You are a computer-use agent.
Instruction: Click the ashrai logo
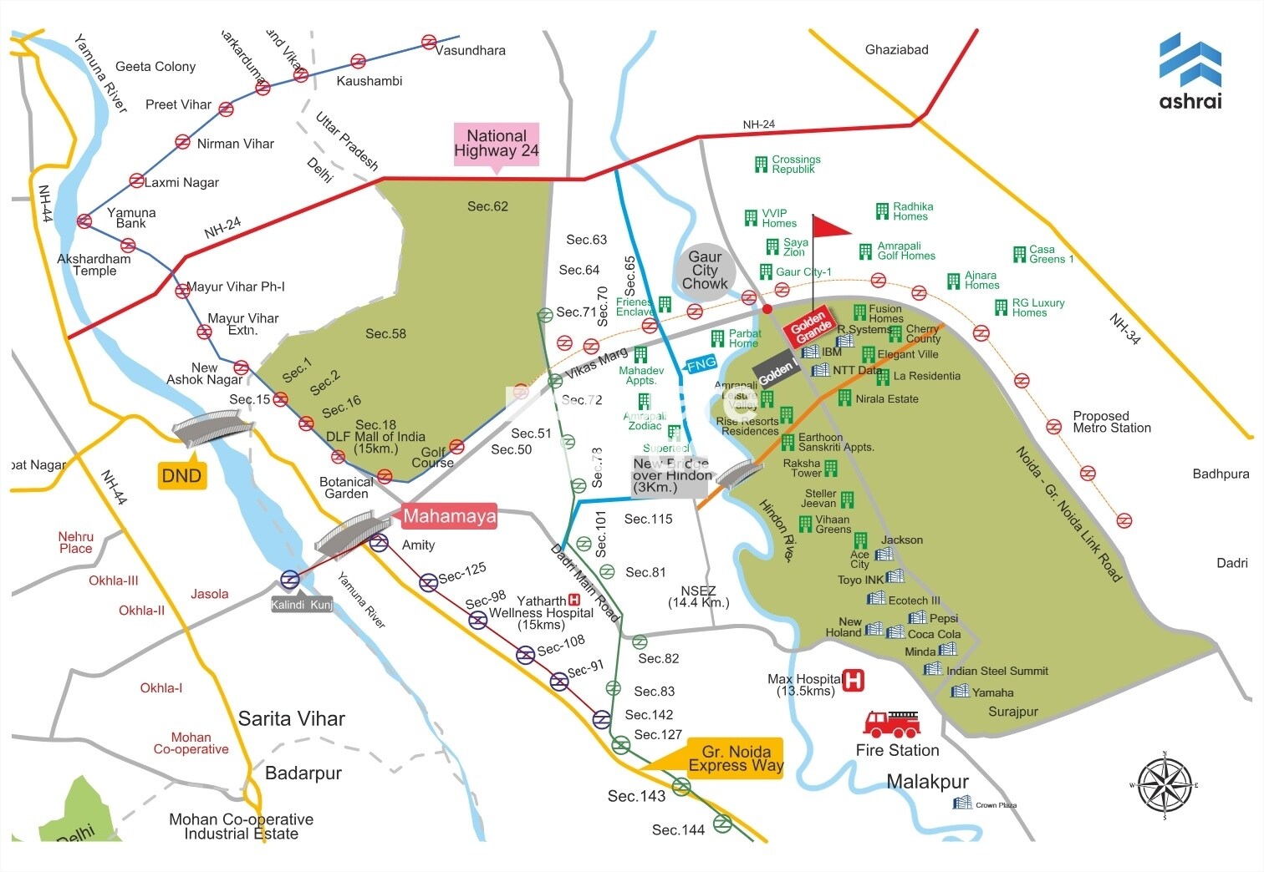pyautogui.click(x=1190, y=72)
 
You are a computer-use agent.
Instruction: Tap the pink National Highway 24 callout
pyautogui.click(x=497, y=144)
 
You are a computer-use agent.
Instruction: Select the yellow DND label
pyautogui.click(x=181, y=476)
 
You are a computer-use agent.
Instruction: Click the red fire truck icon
pyautogui.click(x=892, y=723)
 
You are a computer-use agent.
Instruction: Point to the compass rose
pyautogui.click(x=1164, y=785)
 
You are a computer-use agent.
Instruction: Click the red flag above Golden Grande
pyautogui.click(x=829, y=226)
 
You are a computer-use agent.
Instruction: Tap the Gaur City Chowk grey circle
pyautogui.click(x=705, y=271)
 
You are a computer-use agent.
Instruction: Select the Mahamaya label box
pyautogui.click(x=450, y=516)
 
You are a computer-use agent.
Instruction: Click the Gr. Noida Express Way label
pyautogui.click(x=735, y=758)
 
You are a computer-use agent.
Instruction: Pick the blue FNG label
pyautogui.click(x=701, y=363)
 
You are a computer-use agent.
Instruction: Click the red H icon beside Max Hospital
pyautogui.click(x=853, y=680)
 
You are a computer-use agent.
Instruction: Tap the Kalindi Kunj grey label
pyautogui.click(x=302, y=605)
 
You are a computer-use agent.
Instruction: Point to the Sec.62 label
pyautogui.click(x=487, y=206)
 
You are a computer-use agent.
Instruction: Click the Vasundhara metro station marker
pyautogui.click(x=429, y=42)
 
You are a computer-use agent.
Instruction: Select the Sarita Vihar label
pyautogui.click(x=291, y=718)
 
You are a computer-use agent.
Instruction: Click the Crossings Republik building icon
pyautogui.click(x=761, y=164)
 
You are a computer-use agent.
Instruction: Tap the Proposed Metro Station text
pyautogui.click(x=1111, y=422)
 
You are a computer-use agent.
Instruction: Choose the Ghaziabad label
pyautogui.click(x=896, y=49)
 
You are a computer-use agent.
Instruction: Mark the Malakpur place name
pyautogui.click(x=927, y=782)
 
